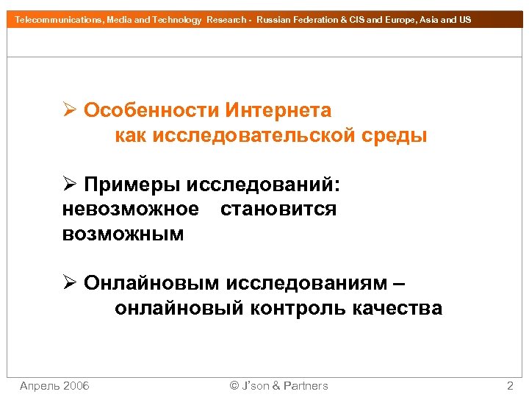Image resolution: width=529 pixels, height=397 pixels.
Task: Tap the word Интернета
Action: point(278,110)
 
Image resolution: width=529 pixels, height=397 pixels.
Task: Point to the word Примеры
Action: point(132,184)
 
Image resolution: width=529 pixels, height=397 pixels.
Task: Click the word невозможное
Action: point(131,210)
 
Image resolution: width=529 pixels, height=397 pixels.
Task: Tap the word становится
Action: point(278,210)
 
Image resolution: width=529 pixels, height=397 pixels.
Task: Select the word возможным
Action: point(123,235)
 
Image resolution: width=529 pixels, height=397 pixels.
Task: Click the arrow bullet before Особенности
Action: point(70,110)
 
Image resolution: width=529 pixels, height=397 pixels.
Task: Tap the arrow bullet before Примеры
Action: point(70,184)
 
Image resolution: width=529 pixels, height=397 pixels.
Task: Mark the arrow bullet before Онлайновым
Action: point(70,283)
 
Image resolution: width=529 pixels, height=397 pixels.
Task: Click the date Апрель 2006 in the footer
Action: point(54,385)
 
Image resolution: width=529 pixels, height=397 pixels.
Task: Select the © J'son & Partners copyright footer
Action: point(278,385)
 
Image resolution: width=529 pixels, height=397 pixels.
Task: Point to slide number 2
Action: point(510,385)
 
